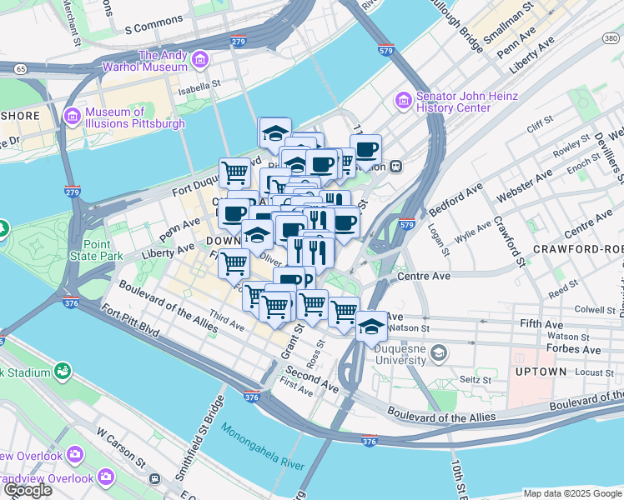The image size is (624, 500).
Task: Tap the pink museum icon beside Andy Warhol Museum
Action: click(x=201, y=59)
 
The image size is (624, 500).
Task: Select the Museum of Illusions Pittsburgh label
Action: click(x=134, y=117)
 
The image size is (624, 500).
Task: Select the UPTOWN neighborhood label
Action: click(x=541, y=371)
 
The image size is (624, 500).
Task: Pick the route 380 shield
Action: click(x=610, y=37)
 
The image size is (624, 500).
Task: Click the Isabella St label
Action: click(x=198, y=83)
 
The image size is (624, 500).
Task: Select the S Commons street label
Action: click(x=153, y=27)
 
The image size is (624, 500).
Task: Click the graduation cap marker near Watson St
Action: click(x=371, y=326)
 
